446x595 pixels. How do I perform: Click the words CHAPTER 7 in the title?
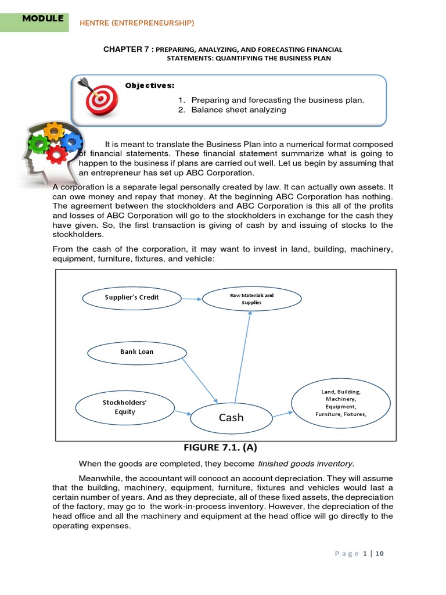(127, 49)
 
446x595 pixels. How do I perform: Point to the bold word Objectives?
(149, 85)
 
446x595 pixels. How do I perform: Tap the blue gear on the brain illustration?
(71, 141)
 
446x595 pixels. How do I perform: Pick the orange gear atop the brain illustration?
(53, 130)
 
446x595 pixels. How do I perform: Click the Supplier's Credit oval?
(132, 297)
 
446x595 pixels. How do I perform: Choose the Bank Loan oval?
(137, 352)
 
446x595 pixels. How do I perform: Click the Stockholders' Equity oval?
(119, 407)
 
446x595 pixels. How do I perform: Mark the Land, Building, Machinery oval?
(341, 403)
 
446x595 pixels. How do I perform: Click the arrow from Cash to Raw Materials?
(243, 357)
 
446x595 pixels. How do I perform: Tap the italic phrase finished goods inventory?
(305, 464)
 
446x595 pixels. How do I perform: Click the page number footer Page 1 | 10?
(359, 554)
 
